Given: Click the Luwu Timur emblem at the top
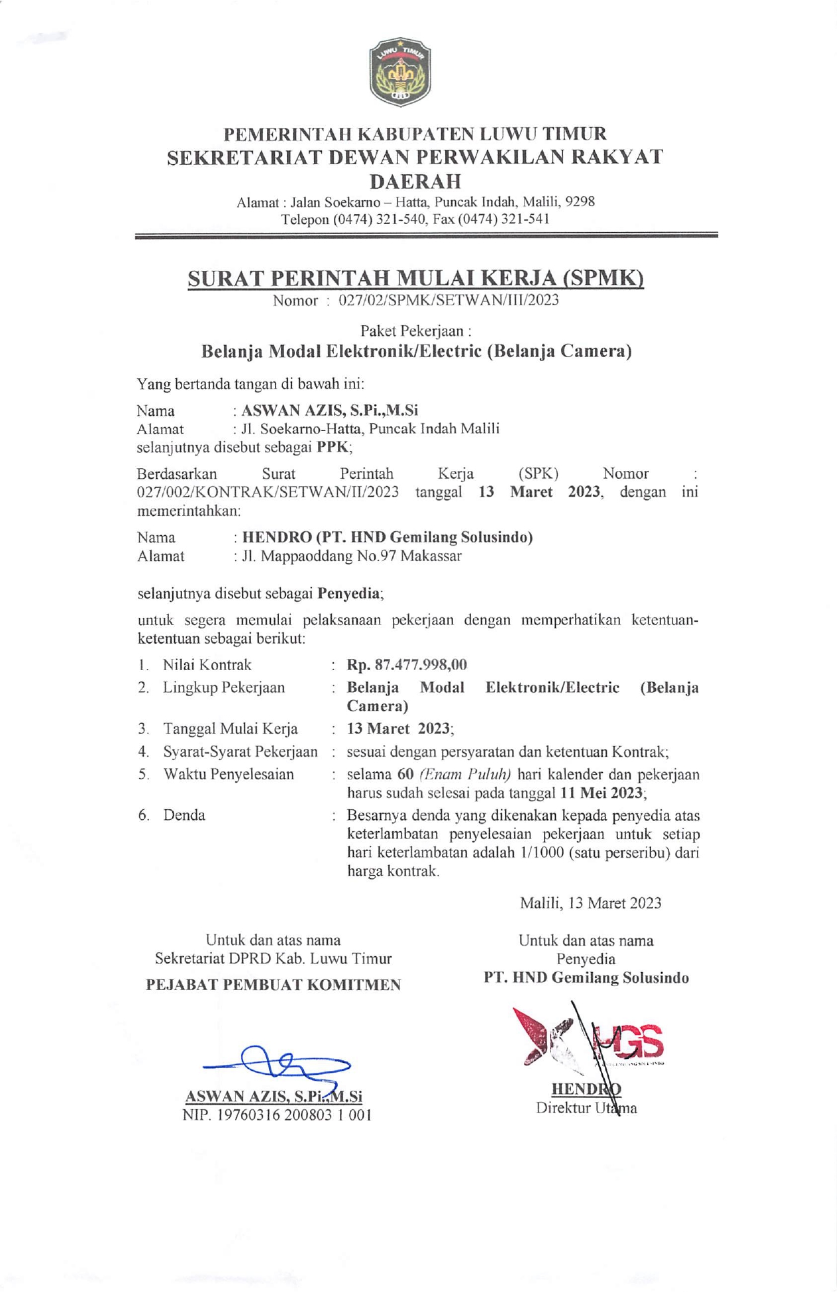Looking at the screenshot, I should pos(400,72).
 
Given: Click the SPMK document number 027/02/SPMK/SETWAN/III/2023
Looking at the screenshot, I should pos(448,301).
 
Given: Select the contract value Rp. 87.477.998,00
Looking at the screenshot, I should pos(407,665).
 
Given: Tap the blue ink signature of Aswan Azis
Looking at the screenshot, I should pos(278,1063).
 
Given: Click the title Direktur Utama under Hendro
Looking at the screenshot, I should pos(586,1109).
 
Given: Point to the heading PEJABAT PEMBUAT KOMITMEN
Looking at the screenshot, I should pos(274,985).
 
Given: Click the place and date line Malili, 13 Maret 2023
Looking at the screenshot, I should pos(590,903).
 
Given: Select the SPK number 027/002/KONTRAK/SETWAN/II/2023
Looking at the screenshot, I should pos(268,492).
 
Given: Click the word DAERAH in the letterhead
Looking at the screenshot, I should pos(415,181).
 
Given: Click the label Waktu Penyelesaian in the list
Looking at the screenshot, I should pos(229,775).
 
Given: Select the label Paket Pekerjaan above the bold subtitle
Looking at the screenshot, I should pos(415,330).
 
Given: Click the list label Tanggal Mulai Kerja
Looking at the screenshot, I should pos(231,729).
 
